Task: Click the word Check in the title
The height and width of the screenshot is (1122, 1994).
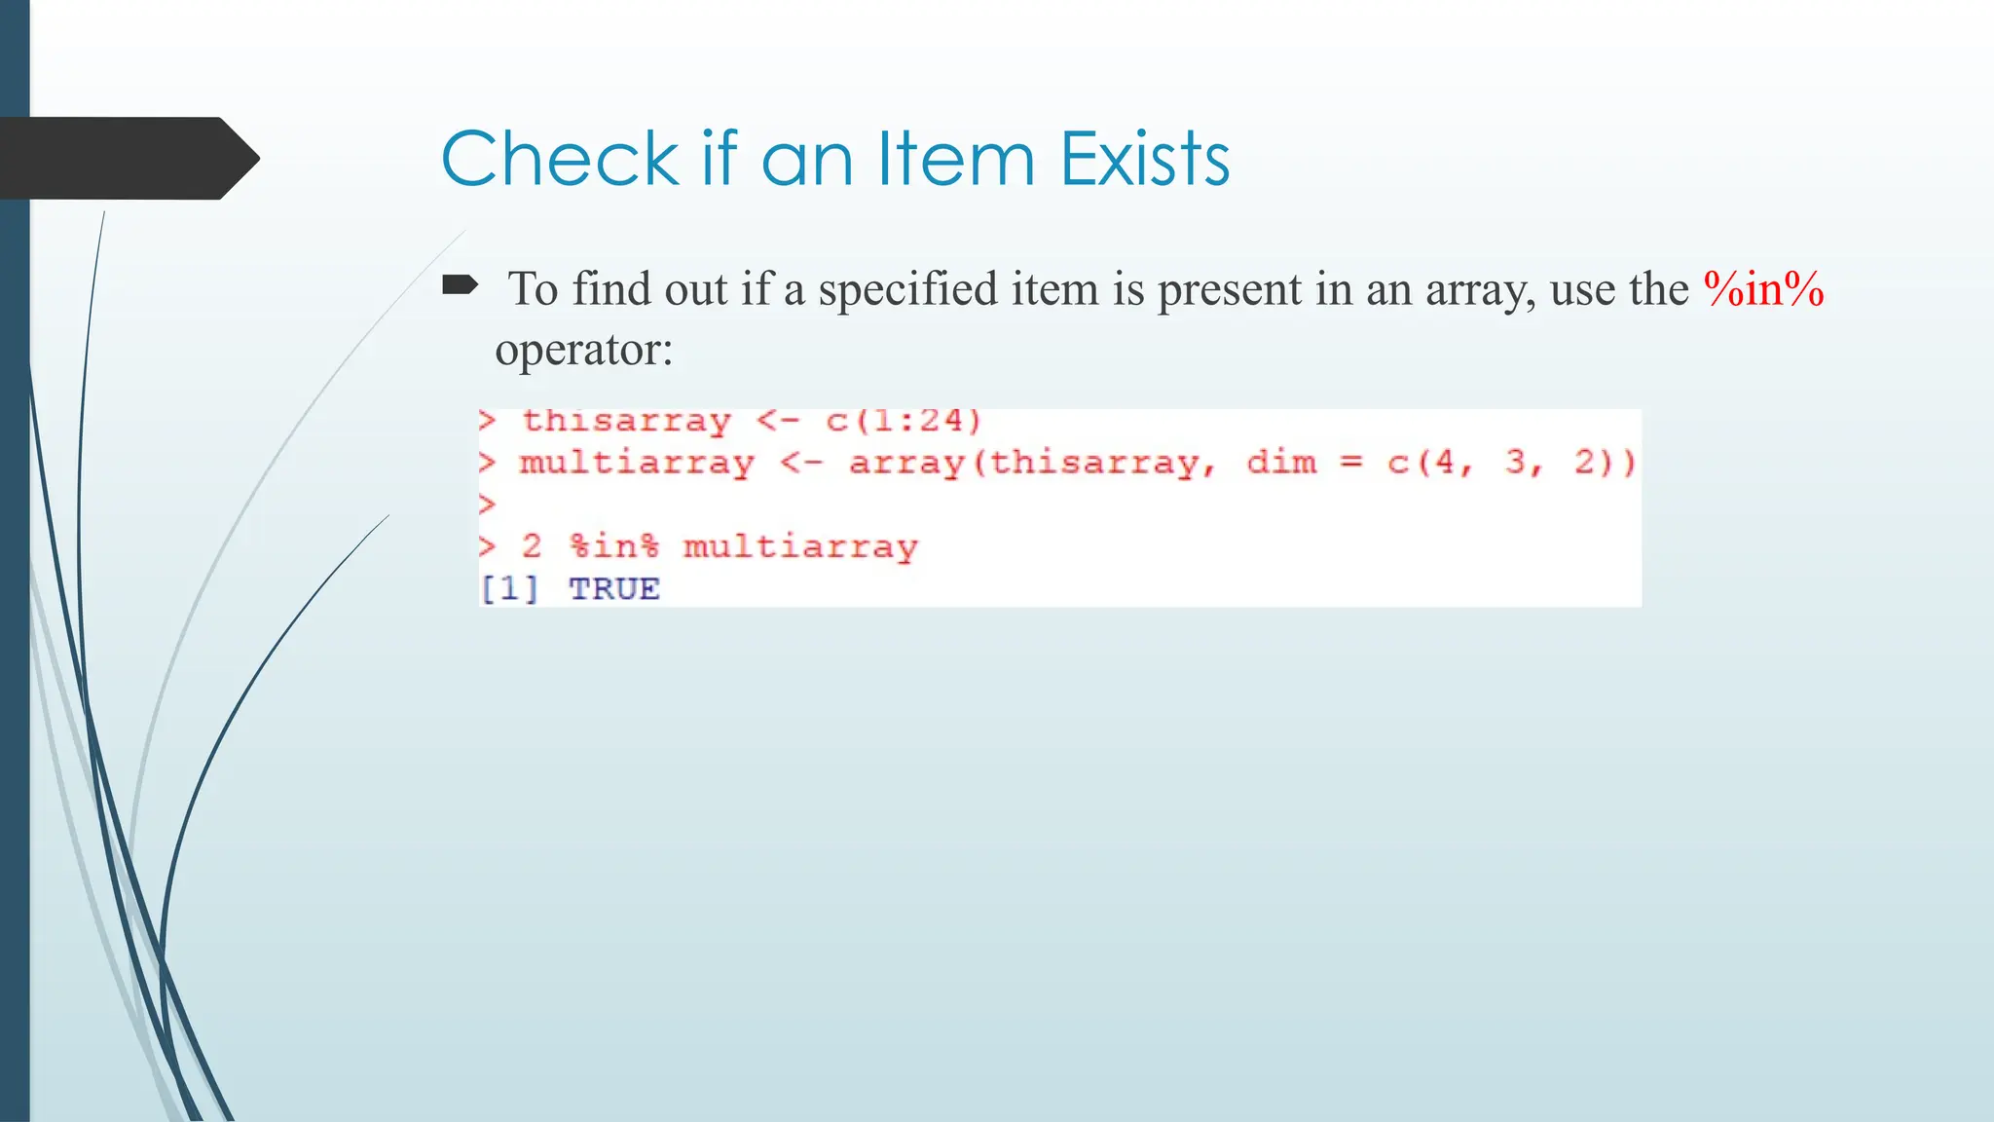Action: [x=559, y=158]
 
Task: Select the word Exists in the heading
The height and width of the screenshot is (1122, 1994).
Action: [x=1145, y=158]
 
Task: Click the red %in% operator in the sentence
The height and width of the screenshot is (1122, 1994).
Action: [x=1763, y=289]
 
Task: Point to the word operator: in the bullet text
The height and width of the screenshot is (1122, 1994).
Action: [x=584, y=349]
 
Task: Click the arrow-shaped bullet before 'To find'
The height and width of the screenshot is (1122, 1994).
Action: [x=460, y=285]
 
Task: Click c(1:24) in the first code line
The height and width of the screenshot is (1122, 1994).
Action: [x=904, y=421]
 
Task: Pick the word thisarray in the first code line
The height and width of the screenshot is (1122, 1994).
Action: [x=626, y=421]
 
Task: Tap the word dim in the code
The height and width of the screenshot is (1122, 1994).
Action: [x=1281, y=462]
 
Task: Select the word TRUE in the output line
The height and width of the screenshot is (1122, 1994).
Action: [x=614, y=589]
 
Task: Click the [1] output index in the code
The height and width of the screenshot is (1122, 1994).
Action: [x=508, y=589]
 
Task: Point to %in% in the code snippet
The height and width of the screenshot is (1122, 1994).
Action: [x=614, y=546]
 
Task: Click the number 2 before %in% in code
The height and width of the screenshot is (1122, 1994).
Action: [x=532, y=546]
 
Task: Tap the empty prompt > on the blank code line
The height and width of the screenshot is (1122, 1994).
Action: [x=488, y=505]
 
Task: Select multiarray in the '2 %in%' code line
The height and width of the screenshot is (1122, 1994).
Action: [x=800, y=546]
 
